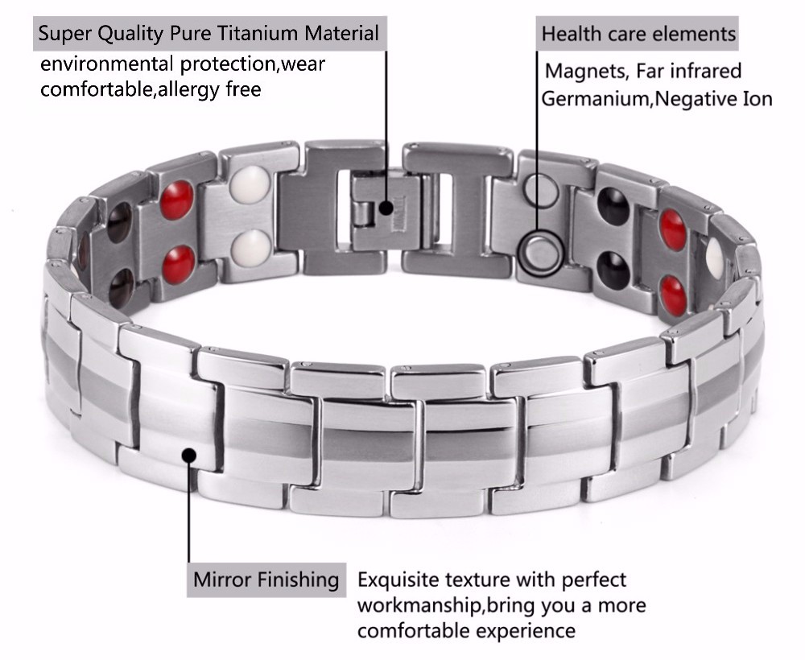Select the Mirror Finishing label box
pos(266,580)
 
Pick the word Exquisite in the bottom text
pos(398,580)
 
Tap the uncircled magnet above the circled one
pos(541,190)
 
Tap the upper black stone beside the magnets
pos(613,205)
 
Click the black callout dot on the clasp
pos(386,208)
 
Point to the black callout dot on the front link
pos(189,456)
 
